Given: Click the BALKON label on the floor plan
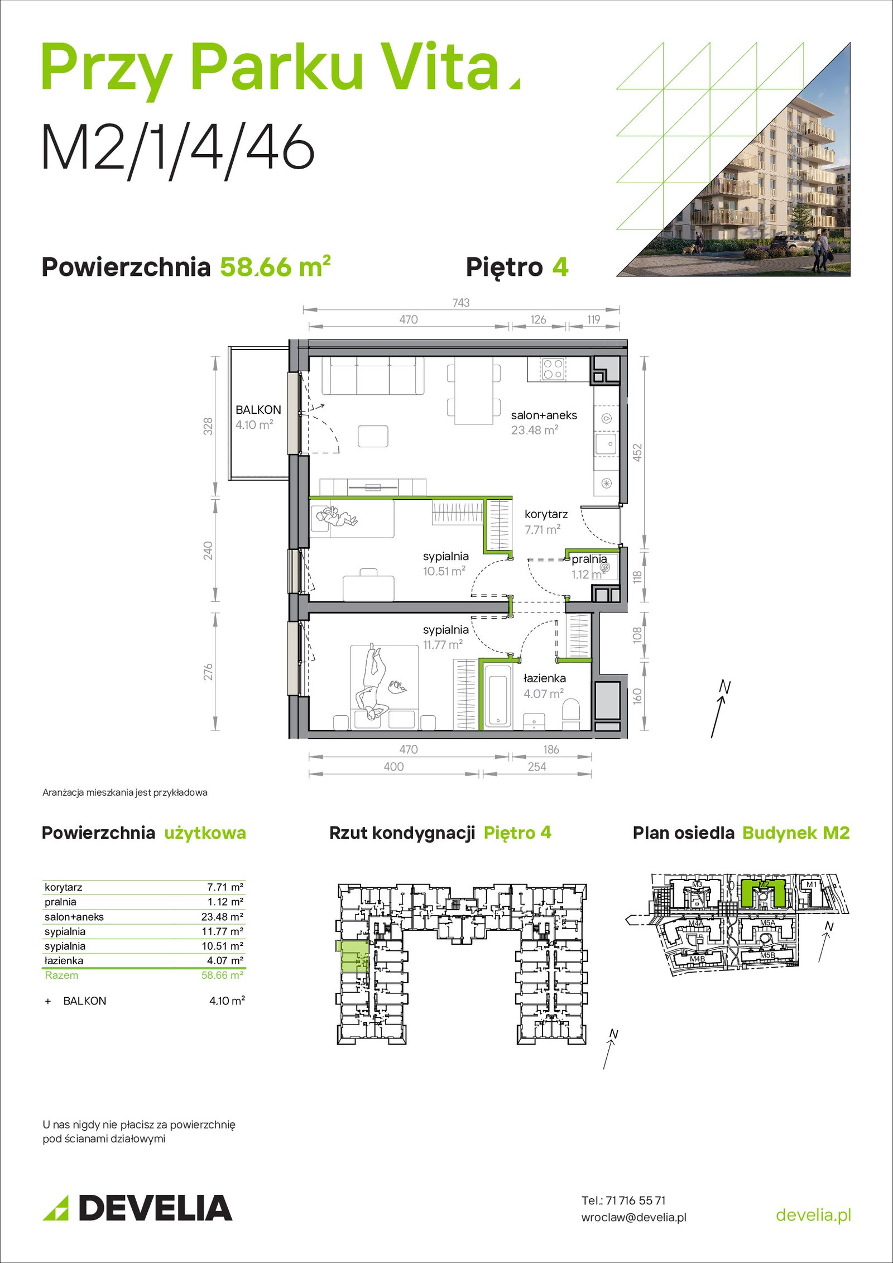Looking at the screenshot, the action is coord(258,409).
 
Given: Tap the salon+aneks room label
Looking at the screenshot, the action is coord(544,415).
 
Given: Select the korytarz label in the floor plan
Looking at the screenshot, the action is coord(546,514).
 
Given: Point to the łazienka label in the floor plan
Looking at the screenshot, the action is coord(544,678).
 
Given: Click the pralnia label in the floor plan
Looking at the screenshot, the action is coord(589,559).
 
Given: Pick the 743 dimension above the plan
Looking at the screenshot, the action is coord(461,303).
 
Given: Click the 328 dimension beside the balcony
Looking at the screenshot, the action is coord(208,426).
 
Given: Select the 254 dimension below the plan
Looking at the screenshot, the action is coord(537,767).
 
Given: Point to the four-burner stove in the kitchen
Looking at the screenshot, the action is coord(553,369).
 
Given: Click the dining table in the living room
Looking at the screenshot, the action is coord(473,391).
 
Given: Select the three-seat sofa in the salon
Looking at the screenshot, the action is coord(373,376).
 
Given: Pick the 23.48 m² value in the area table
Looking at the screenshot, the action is coord(222,917).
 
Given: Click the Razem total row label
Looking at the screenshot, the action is coord(61,975).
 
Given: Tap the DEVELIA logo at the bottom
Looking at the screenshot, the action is coord(137,1208).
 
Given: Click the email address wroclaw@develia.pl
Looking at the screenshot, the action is coord(634,1217).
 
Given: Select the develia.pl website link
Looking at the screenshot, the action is coord(814,1214).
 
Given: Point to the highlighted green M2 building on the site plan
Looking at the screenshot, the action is coord(764,892).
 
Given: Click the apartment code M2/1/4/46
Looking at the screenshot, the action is coord(178,148).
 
